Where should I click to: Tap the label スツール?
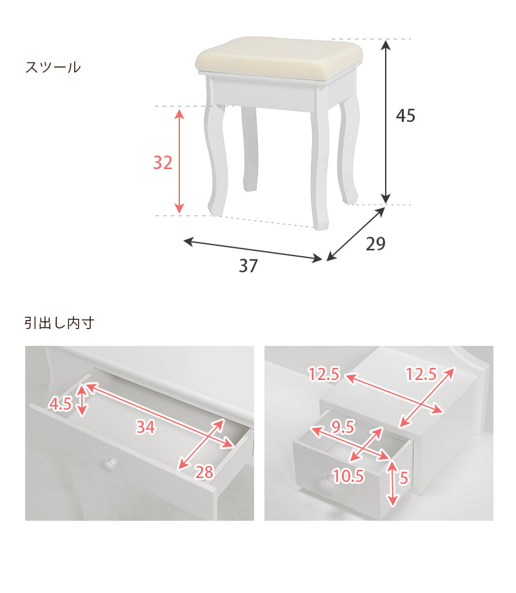[53, 67]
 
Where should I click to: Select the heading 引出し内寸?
[59, 323]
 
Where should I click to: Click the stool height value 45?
[406, 116]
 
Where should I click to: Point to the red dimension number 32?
[163, 163]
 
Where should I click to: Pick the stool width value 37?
[248, 266]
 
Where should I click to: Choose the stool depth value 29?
[375, 244]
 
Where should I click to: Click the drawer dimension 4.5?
[60, 405]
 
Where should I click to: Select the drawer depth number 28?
[204, 472]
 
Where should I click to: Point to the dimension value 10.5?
[348, 476]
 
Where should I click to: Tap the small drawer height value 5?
[404, 477]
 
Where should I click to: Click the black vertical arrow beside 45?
[386, 121]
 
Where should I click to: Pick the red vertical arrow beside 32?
[180, 161]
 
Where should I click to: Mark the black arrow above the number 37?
[253, 250]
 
